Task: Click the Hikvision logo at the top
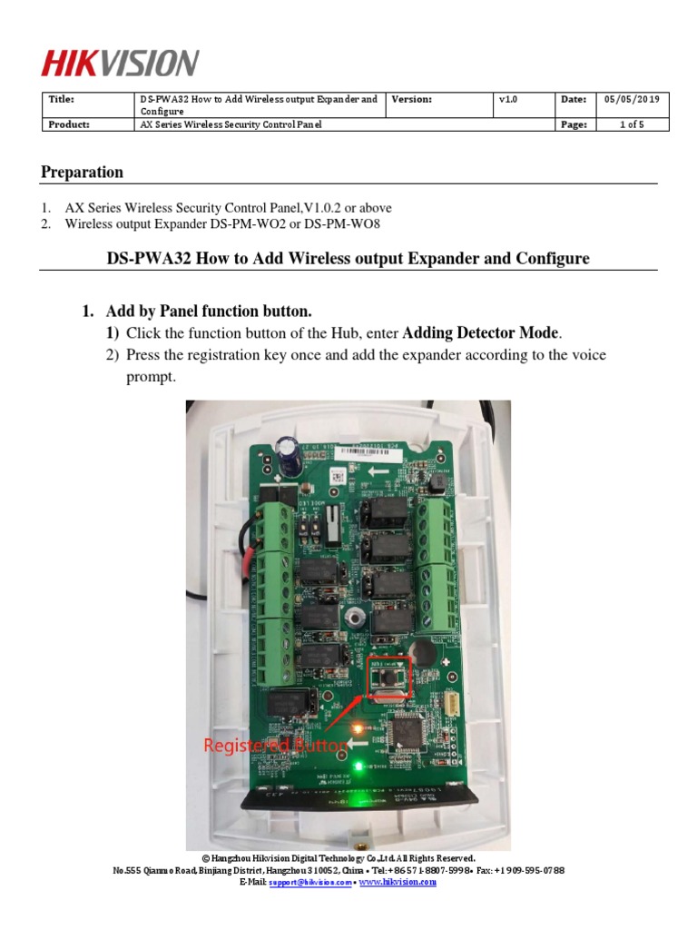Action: coord(119,63)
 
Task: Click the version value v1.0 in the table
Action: coord(507,99)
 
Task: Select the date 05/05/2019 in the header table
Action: coord(632,99)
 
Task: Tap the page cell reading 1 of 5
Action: coord(632,124)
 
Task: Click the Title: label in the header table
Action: coord(61,99)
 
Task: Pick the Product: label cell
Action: coord(68,124)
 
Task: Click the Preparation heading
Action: coord(83,173)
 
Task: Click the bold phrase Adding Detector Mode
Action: coord(481,333)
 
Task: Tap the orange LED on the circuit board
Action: coord(360,728)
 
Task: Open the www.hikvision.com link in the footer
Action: coord(398,882)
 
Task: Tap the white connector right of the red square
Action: coord(451,702)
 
